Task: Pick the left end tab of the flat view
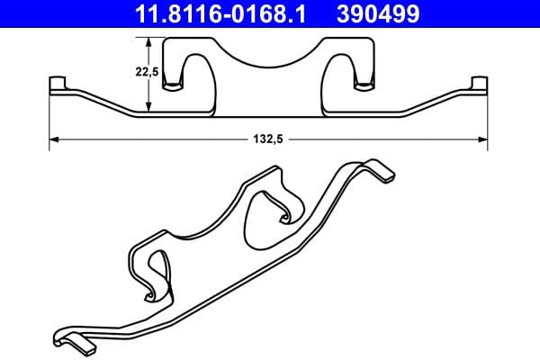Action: point(58,85)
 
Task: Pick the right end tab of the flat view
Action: point(481,85)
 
